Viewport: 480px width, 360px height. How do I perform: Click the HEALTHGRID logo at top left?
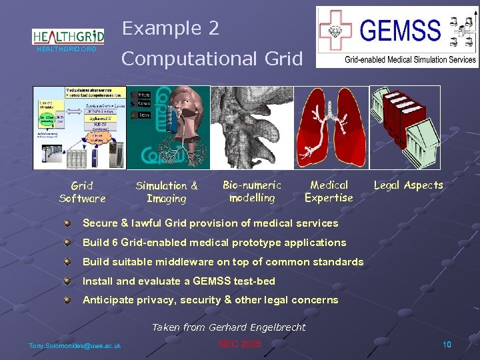[68, 37]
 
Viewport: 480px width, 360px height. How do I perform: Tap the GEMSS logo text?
[400, 31]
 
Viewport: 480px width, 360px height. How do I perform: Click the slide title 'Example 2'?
[171, 28]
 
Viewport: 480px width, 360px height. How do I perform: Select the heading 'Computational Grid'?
[212, 58]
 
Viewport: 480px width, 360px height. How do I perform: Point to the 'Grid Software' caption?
[82, 192]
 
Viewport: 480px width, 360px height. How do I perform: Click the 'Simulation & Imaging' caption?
[167, 192]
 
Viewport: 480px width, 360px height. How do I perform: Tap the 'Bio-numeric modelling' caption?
[252, 191]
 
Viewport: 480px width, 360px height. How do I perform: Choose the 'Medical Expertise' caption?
[329, 191]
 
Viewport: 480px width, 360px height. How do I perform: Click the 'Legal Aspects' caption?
[408, 185]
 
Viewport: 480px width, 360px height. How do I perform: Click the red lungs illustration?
[331, 128]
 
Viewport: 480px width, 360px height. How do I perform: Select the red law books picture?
[405, 128]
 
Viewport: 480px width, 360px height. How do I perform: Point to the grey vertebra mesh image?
[252, 128]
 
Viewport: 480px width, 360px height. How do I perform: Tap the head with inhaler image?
[169, 128]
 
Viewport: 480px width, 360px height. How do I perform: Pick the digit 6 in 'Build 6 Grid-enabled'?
[115, 243]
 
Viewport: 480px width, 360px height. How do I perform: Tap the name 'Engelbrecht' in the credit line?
[275, 327]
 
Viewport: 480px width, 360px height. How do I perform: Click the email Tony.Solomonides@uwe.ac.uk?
[75, 345]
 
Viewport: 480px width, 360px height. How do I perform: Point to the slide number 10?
[447, 344]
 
